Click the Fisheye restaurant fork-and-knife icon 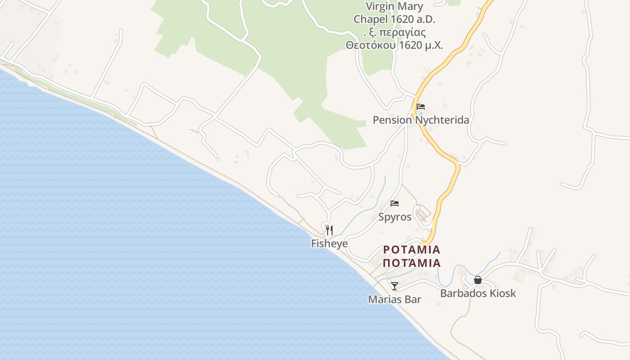tap(329, 230)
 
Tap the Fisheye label tap(329, 243)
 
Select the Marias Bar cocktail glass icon tap(395, 286)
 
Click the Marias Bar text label tap(395, 299)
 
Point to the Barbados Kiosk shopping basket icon tap(478, 280)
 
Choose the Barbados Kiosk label tap(478, 293)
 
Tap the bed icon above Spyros tap(395, 203)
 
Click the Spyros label tap(395, 217)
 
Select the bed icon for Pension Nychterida tap(421, 107)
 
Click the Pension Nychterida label tap(421, 120)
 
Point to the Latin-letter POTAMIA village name tap(412, 250)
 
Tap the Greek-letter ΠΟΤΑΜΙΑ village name tap(412, 263)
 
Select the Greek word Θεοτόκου tap(369, 45)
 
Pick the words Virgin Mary tap(394, 6)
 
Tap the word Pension tap(392, 120)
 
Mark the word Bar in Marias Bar tap(413, 299)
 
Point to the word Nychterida tap(442, 120)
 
